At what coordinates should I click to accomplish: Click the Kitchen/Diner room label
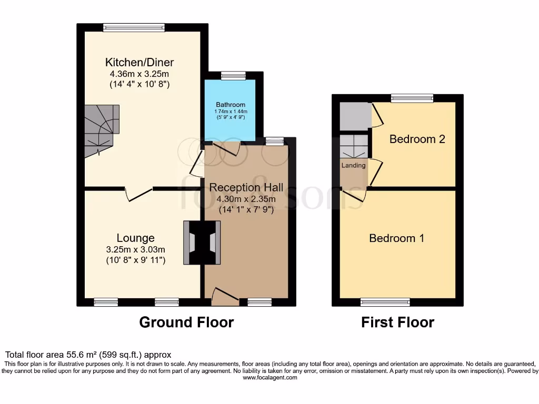(x=139, y=63)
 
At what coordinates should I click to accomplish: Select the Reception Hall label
(x=246, y=187)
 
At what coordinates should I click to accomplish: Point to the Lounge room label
(x=136, y=238)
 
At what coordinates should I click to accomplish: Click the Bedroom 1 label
(x=396, y=238)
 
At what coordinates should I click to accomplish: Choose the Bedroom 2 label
(x=417, y=139)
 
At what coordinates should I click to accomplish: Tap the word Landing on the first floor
(x=353, y=165)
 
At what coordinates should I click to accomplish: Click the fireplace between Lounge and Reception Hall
(x=202, y=242)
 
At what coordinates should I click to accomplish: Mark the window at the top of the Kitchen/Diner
(x=134, y=27)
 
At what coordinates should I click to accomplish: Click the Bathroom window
(x=233, y=76)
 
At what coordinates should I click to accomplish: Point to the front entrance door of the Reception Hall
(x=224, y=297)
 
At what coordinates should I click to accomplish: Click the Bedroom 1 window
(x=385, y=302)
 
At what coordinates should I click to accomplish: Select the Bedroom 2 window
(x=412, y=98)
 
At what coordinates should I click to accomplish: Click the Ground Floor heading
(x=186, y=322)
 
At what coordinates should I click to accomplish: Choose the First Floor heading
(x=397, y=322)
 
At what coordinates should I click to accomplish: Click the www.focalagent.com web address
(x=269, y=378)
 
